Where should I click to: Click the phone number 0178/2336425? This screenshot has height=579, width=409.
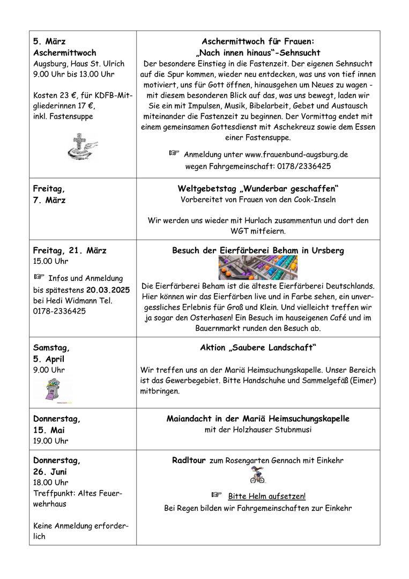click(x=304, y=166)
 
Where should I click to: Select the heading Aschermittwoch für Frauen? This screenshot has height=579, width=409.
click(x=258, y=41)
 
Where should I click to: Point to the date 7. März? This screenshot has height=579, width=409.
click(x=49, y=201)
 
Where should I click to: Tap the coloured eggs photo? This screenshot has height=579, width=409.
click(x=258, y=268)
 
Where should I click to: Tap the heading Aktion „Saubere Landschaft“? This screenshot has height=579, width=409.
click(x=258, y=348)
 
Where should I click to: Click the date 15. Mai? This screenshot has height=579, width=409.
click(x=49, y=430)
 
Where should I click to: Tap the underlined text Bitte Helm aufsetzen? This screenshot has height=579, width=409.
click(x=267, y=496)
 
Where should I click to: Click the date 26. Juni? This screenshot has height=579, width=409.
click(x=51, y=472)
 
